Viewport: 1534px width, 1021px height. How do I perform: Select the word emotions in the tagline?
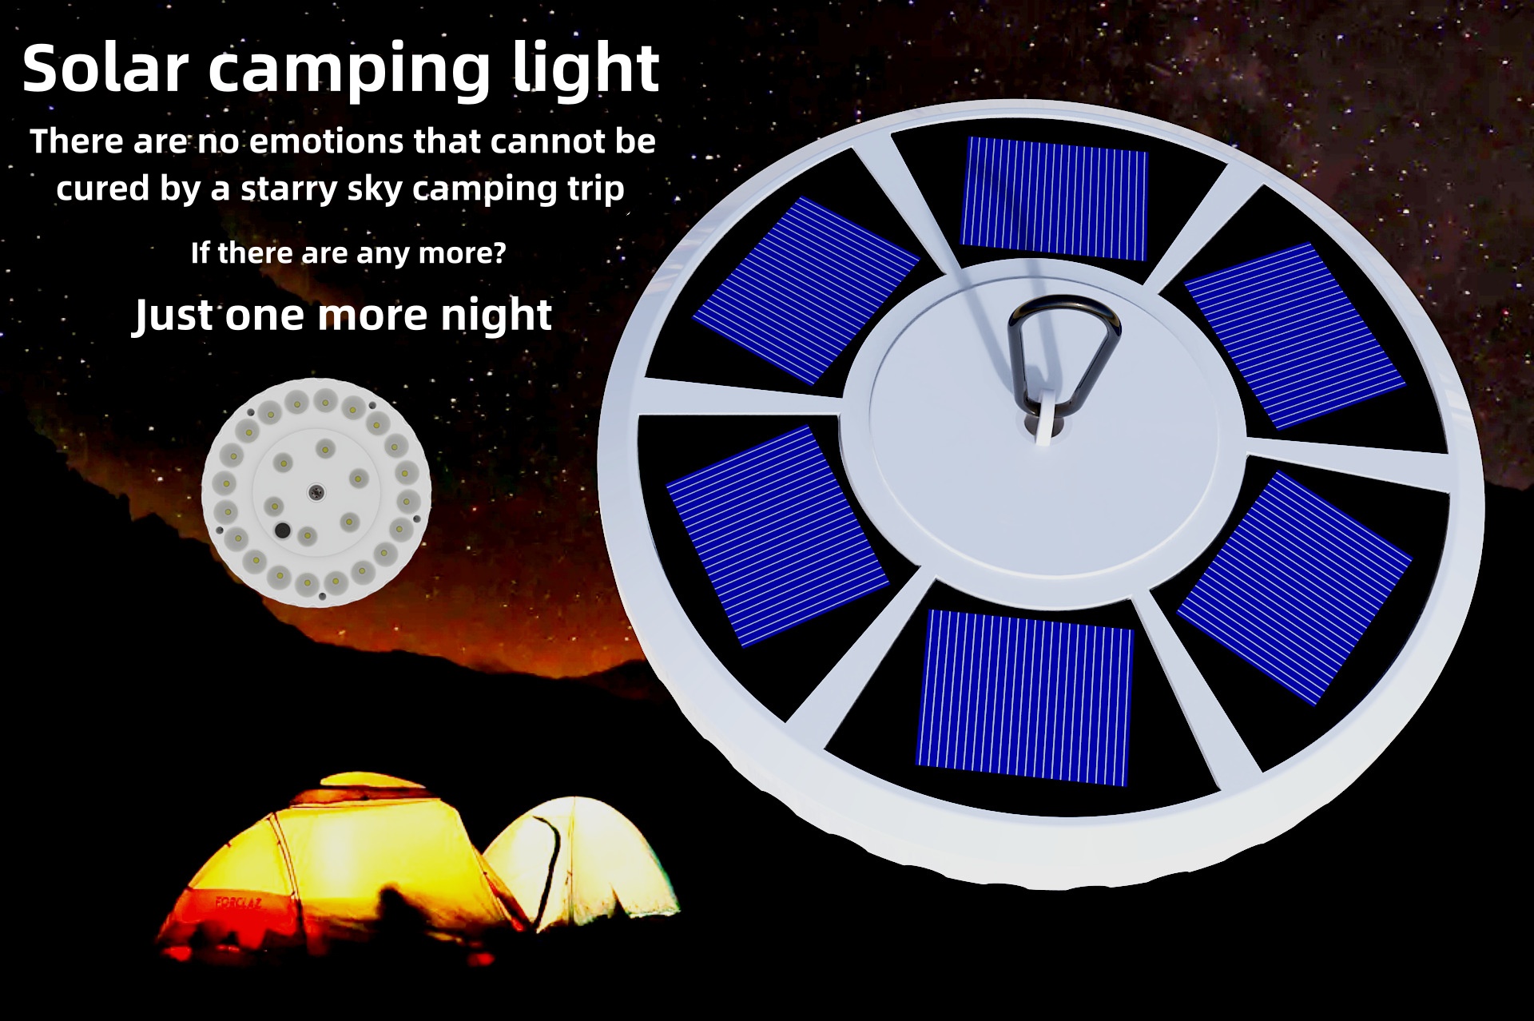click(x=327, y=141)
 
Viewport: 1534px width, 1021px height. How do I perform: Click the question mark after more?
click(x=500, y=252)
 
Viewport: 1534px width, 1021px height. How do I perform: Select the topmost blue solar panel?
click(x=1054, y=198)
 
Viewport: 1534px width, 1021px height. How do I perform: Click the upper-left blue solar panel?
click(x=805, y=290)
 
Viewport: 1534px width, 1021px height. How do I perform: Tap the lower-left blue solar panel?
click(x=777, y=535)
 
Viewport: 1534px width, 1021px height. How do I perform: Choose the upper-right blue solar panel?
click(x=1294, y=336)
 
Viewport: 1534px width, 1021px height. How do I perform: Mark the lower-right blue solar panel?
click(x=1294, y=587)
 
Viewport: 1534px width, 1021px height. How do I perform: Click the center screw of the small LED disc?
click(x=316, y=492)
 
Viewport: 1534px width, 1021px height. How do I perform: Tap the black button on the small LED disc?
click(x=282, y=530)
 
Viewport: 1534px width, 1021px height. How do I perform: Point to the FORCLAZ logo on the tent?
click(x=239, y=902)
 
